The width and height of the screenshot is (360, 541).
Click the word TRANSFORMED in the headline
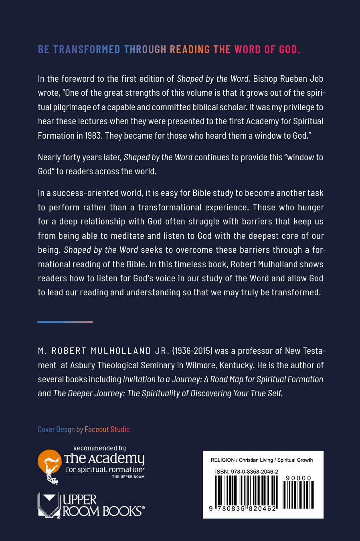(86, 49)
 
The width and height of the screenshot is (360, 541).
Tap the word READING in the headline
(190, 49)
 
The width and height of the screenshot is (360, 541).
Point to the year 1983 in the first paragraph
(93, 135)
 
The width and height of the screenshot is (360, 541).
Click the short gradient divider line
(65, 322)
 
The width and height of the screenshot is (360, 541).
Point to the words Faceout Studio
(107, 429)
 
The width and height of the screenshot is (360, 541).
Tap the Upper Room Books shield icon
(49, 505)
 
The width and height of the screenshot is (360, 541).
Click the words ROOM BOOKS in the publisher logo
(103, 511)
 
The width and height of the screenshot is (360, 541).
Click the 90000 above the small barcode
(298, 478)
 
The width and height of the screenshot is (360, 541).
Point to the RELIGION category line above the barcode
(261, 460)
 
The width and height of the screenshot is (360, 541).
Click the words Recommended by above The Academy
(99, 448)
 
